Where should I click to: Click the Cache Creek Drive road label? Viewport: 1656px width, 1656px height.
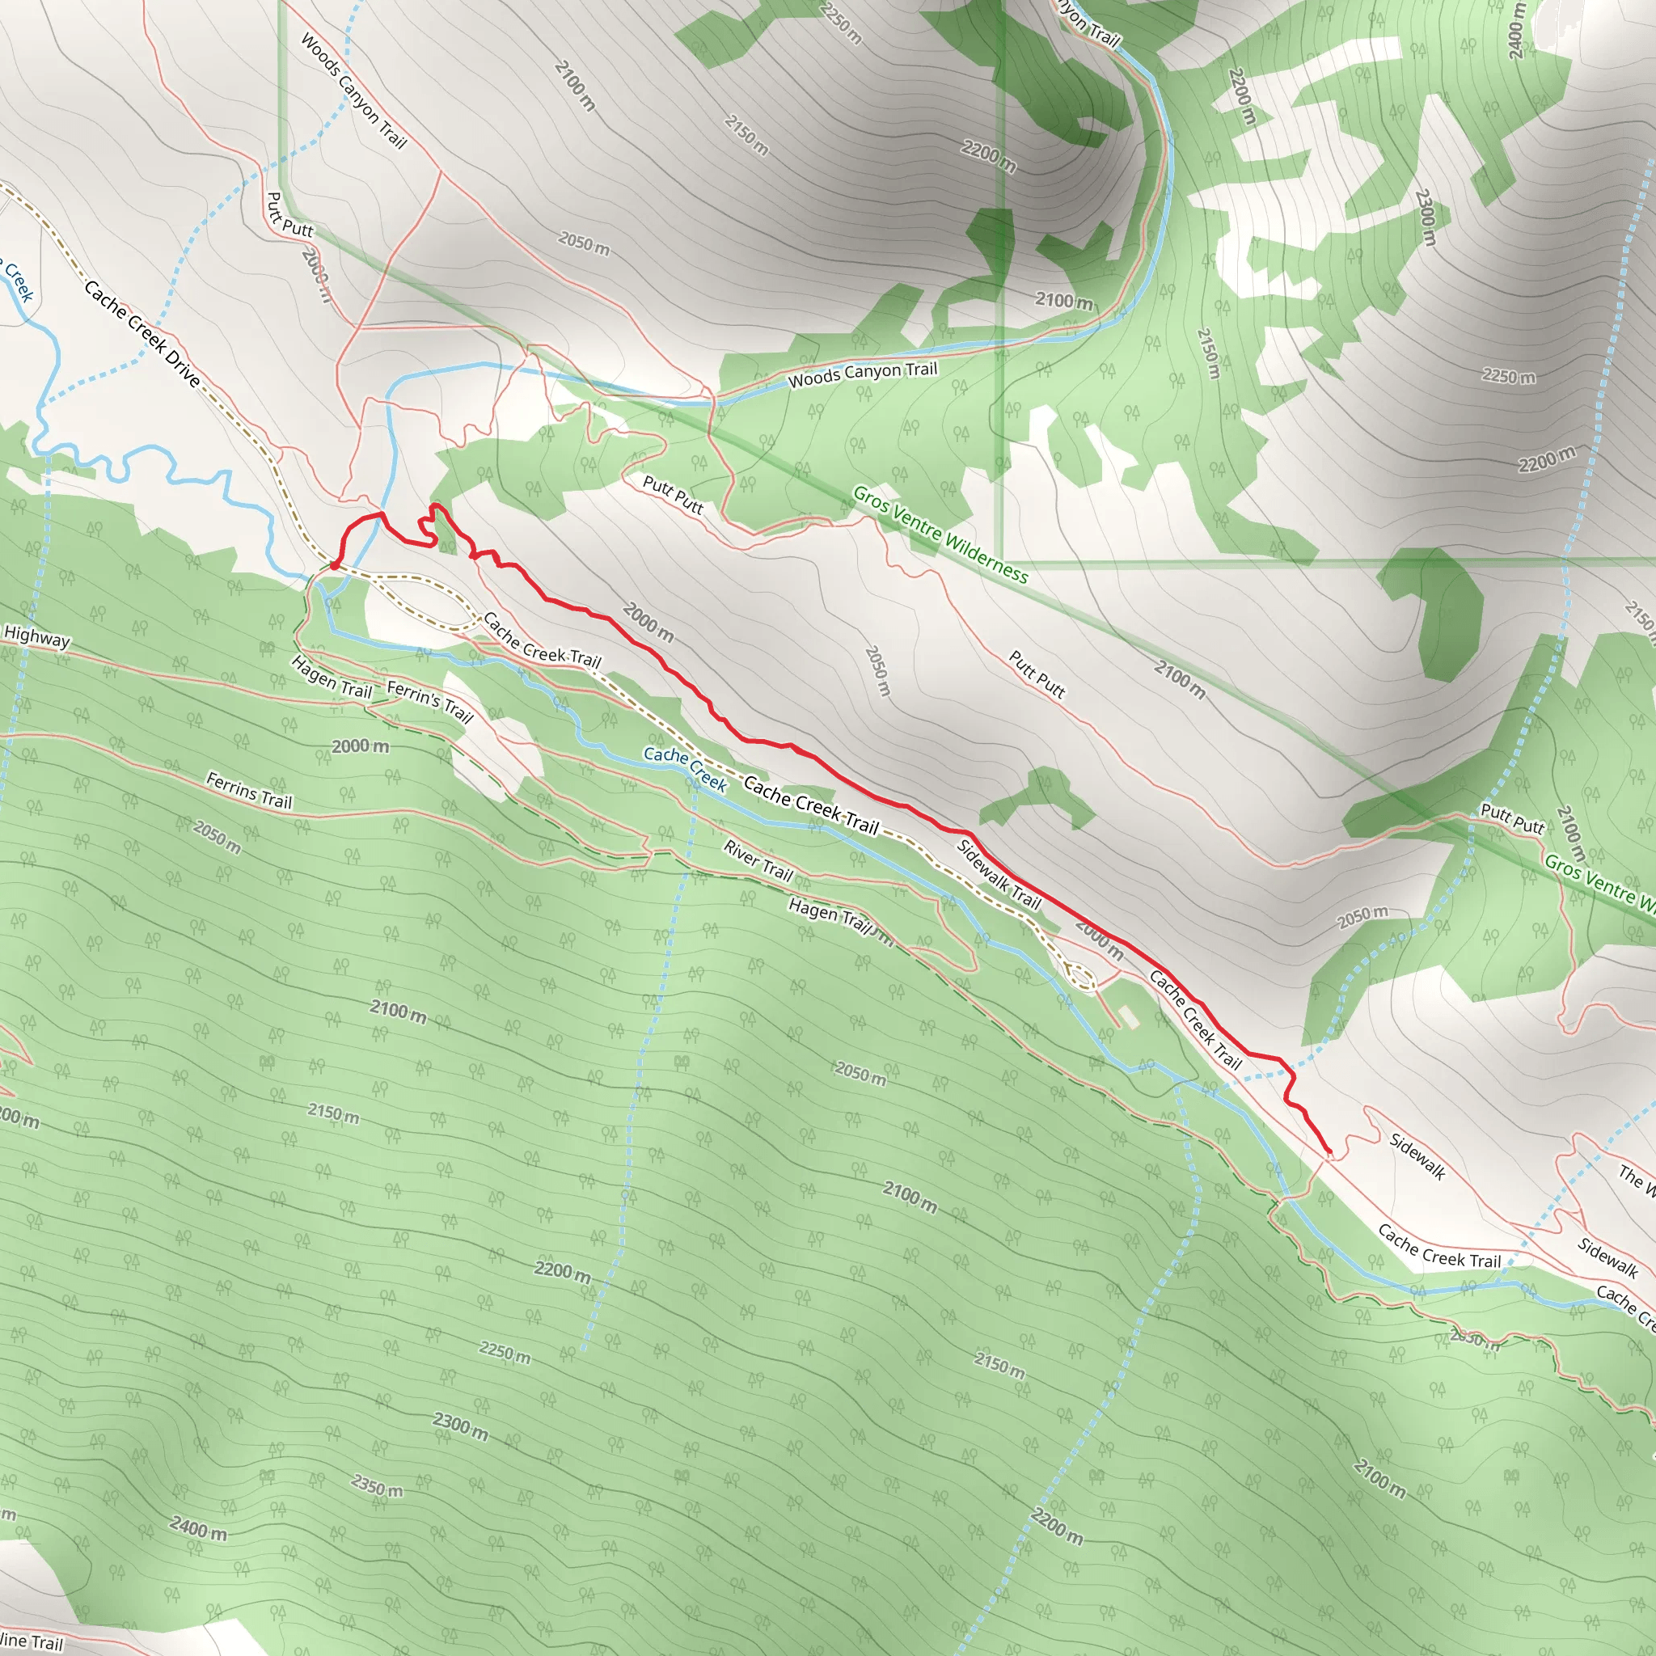pos(142,334)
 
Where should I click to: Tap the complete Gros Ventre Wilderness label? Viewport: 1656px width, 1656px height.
pos(940,534)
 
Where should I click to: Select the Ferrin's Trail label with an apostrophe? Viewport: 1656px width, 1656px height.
pos(429,700)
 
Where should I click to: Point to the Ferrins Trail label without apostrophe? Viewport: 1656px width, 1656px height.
pos(249,790)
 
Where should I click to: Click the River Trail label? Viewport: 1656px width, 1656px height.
pos(758,860)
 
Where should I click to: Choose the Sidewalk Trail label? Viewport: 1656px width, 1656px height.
pos(999,874)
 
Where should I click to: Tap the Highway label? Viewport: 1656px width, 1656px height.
pos(37,638)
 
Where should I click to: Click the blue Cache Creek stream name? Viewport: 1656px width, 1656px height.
pos(685,767)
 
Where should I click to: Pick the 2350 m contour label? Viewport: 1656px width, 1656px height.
pos(376,1484)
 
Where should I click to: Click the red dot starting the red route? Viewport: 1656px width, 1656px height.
pos(334,565)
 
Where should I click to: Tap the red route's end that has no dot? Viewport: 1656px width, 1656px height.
pos(1329,1152)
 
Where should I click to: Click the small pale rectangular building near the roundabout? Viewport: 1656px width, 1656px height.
pos(1129,1016)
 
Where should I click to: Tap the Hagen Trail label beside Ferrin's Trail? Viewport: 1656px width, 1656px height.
pos(332,676)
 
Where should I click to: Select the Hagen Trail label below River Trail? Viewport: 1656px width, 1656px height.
pos(830,915)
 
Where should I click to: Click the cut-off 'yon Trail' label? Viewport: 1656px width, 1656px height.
pos(1087,24)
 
